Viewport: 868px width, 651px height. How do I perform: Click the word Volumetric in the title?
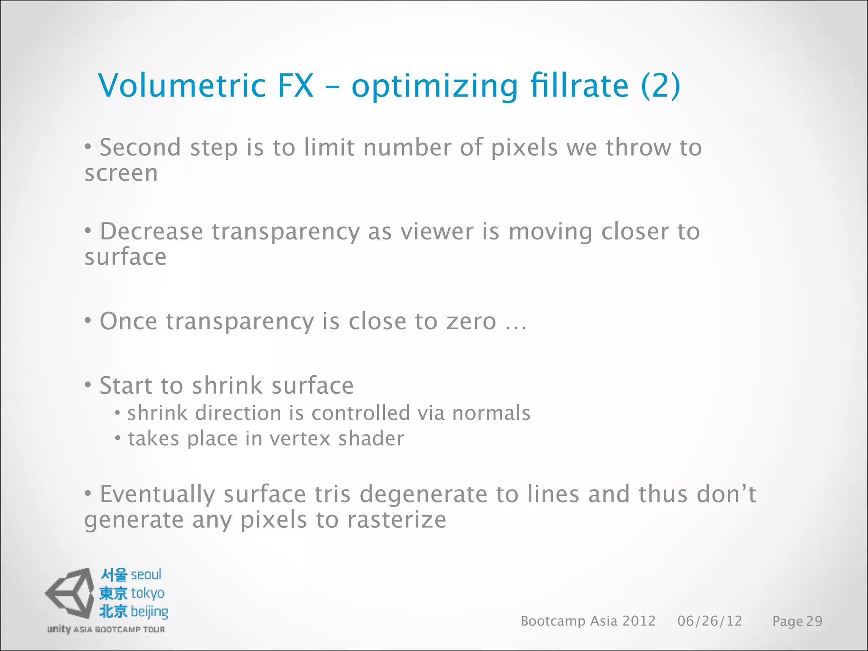click(x=182, y=86)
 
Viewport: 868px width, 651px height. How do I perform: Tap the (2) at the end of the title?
click(x=660, y=86)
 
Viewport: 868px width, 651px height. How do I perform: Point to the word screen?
click(x=121, y=174)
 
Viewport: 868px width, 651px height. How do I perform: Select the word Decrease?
click(x=151, y=232)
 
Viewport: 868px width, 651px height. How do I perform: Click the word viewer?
click(x=437, y=232)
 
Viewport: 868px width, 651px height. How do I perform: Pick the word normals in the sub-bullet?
click(x=491, y=413)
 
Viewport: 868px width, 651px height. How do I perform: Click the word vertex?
click(x=300, y=439)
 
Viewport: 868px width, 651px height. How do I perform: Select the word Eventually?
click(x=157, y=495)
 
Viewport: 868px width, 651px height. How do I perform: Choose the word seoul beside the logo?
click(x=146, y=575)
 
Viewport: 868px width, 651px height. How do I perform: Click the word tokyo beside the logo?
click(x=147, y=593)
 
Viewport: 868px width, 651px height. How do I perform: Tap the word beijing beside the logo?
click(x=149, y=612)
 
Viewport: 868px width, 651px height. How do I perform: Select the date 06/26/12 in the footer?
click(x=709, y=621)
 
